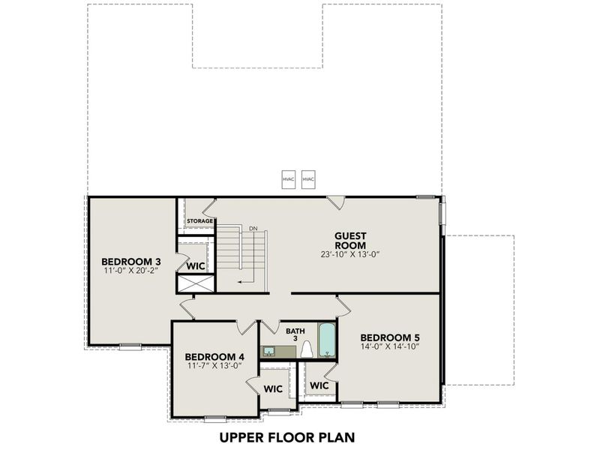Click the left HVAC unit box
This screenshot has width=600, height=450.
tap(288, 180)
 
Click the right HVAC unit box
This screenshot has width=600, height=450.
tap(307, 180)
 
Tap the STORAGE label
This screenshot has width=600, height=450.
tap(200, 221)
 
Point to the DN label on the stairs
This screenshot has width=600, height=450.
tap(253, 228)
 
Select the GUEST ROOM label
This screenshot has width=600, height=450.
tap(350, 241)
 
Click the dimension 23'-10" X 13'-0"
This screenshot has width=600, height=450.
tap(350, 254)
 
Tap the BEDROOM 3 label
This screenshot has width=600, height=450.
tap(131, 262)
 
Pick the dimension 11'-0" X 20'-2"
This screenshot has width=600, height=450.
tap(131, 272)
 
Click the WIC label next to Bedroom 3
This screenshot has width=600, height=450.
tap(196, 265)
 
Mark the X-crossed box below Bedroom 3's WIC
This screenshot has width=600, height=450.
tap(193, 283)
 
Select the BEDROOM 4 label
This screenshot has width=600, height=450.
tap(214, 356)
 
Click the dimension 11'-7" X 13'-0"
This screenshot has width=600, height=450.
tap(214, 367)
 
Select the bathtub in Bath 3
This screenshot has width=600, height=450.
tap(327, 340)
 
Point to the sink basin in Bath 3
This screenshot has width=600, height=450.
tap(268, 351)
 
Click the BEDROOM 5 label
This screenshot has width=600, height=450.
tap(388, 337)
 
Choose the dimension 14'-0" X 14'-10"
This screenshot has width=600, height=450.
tap(388, 347)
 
